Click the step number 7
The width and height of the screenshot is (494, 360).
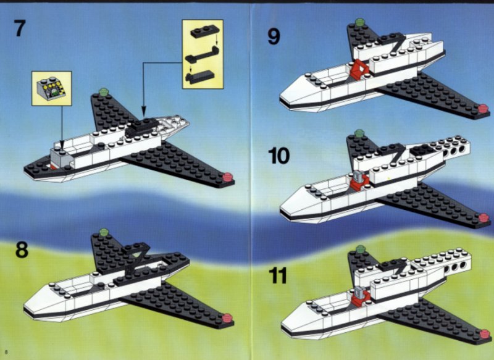(x=20, y=28)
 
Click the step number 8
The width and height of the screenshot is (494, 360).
(x=22, y=249)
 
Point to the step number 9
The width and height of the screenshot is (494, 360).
(x=274, y=36)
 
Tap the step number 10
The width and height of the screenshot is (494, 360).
(x=279, y=156)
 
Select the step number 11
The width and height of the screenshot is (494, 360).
(x=278, y=275)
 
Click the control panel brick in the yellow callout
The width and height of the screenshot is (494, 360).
(x=52, y=88)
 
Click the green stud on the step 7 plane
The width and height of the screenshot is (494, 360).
(x=103, y=92)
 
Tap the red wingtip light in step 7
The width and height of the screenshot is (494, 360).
(x=227, y=177)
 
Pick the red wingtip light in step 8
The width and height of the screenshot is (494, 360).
(x=227, y=319)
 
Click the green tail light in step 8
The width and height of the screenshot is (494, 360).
(x=103, y=233)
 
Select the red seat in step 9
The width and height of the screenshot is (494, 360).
(x=359, y=69)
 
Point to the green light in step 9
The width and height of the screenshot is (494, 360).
(x=359, y=22)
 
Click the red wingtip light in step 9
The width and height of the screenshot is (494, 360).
(x=483, y=109)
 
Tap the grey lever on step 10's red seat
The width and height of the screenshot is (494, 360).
(x=358, y=175)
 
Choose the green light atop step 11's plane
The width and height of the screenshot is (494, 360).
(x=360, y=249)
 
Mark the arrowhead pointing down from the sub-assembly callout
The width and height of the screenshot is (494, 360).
(x=144, y=112)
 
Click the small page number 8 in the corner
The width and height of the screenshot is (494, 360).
(x=6, y=352)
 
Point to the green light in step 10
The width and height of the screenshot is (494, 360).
(x=359, y=133)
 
